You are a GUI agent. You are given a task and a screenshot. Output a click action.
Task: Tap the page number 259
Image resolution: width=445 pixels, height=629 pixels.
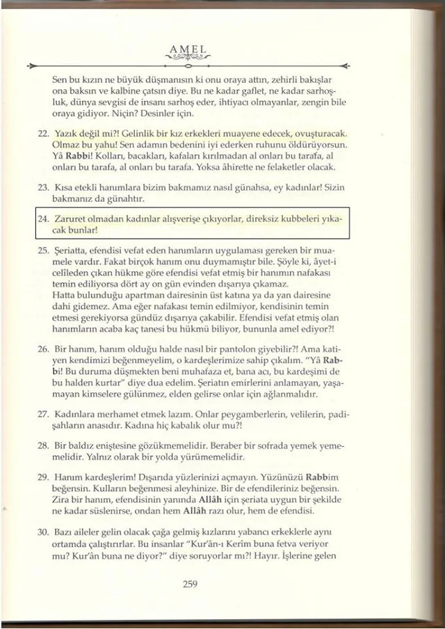[191, 584]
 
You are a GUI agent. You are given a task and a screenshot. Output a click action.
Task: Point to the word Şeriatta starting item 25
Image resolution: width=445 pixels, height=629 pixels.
[72, 248]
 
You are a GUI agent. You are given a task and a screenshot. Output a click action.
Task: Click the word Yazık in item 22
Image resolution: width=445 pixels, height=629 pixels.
[65, 132]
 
